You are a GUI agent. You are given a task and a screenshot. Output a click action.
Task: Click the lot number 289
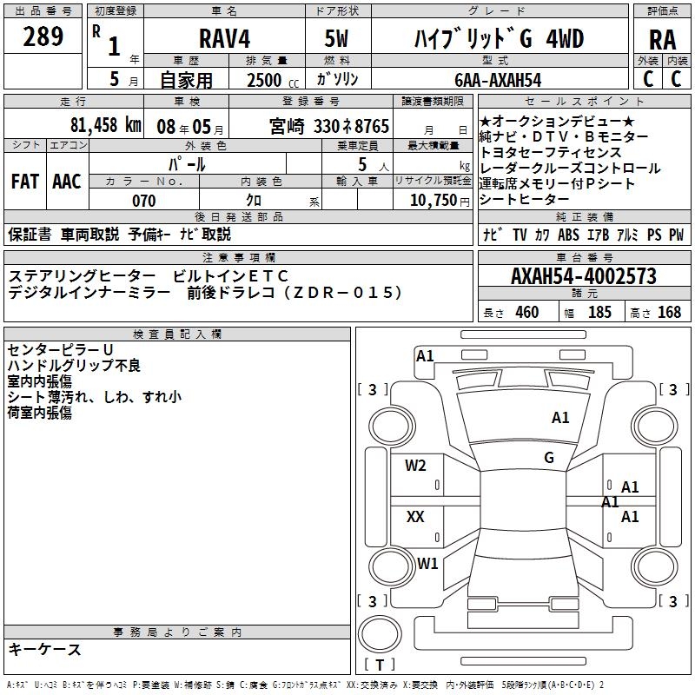click(x=44, y=36)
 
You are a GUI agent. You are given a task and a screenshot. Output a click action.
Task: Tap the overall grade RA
click(x=662, y=39)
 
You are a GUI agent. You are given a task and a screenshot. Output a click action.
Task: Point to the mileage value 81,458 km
click(x=105, y=125)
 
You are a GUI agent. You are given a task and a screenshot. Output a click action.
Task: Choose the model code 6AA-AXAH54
click(x=498, y=80)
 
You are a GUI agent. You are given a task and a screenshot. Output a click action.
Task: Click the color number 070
click(x=144, y=201)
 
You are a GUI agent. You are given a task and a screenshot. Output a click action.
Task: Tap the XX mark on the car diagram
click(x=415, y=517)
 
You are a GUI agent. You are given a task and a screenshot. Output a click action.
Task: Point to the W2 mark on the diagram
click(x=415, y=465)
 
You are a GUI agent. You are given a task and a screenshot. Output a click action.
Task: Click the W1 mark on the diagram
click(x=427, y=563)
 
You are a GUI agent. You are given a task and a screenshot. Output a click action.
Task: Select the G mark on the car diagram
click(x=549, y=457)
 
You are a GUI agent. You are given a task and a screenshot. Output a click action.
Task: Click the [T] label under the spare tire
click(x=379, y=665)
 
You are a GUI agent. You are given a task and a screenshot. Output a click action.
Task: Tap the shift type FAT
click(x=24, y=182)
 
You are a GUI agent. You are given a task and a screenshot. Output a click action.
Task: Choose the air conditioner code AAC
click(x=67, y=182)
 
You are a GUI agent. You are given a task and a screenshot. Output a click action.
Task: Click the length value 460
click(x=526, y=313)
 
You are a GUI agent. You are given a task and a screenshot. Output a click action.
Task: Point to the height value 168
click(x=669, y=313)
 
